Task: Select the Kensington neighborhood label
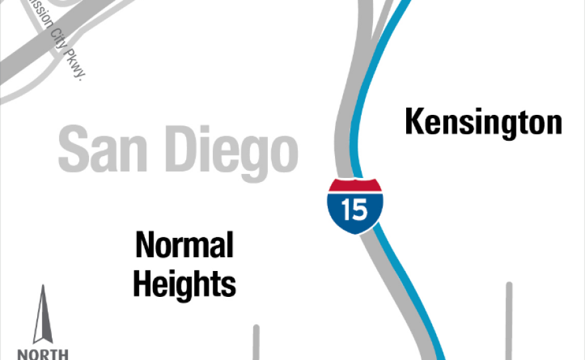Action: [483, 124]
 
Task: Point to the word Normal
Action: [184, 246]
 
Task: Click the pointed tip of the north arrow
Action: [43, 288]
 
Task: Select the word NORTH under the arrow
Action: [43, 354]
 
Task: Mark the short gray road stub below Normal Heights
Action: [256, 342]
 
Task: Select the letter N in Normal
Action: [145, 246]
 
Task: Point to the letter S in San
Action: [72, 151]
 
